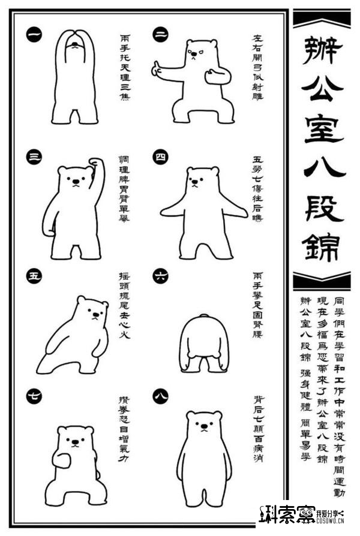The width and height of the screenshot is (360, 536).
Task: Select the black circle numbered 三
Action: [34, 157]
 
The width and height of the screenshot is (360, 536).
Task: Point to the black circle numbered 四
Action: [160, 157]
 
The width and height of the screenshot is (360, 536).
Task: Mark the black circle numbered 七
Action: [34, 395]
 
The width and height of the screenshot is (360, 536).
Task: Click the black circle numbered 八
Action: [160, 395]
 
